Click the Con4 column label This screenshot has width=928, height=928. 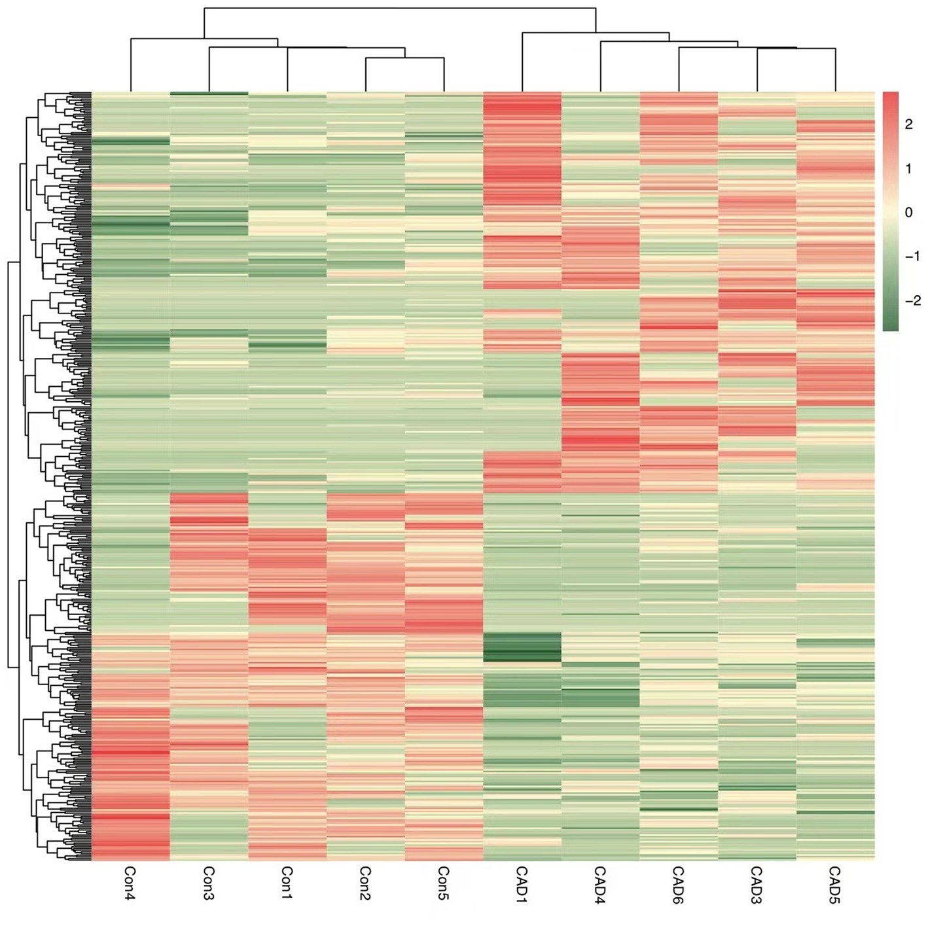[x=130, y=883]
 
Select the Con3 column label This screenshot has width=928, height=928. [x=208, y=883]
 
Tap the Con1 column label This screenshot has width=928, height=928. [x=287, y=883]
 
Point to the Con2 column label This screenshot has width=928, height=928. [x=365, y=883]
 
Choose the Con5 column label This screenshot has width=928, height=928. [x=443, y=883]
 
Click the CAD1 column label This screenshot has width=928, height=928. [x=522, y=884]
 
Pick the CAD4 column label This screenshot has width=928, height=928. [x=600, y=884]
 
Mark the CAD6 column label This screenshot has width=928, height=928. [x=678, y=884]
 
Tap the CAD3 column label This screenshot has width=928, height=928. [x=757, y=884]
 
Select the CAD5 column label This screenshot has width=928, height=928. [x=834, y=884]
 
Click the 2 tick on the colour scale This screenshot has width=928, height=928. [x=908, y=124]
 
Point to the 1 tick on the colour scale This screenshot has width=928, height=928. [x=908, y=169]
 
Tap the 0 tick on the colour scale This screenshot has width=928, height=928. [x=908, y=213]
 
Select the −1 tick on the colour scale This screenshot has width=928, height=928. [x=912, y=257]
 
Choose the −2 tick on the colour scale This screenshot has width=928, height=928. [x=912, y=301]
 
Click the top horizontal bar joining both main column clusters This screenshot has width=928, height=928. [x=399, y=9]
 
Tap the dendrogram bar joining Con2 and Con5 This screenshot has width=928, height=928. [x=404, y=58]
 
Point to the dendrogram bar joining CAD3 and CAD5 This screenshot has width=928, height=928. [x=796, y=48]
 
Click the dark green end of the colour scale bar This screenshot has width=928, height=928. [x=890, y=324]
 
